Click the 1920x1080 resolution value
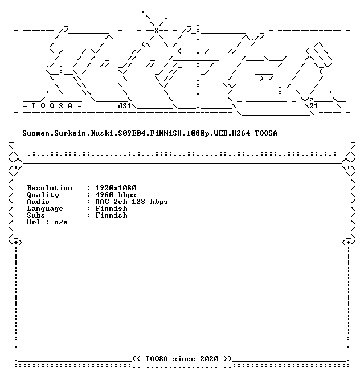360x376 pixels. [116, 188]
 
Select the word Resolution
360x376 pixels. [50, 188]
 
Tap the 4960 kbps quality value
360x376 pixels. [116, 195]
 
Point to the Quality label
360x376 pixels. [43, 195]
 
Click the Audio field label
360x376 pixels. [38, 202]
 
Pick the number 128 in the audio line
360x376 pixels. [138, 202]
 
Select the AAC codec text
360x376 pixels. [102, 202]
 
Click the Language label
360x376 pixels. [45, 209]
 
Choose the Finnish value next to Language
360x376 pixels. [111, 209]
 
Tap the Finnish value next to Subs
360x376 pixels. [111, 215]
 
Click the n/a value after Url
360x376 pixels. [61, 223]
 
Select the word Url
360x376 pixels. [34, 222]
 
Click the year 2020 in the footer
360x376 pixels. [209, 359]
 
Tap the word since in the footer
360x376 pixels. [184, 359]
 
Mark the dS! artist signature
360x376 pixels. [125, 106]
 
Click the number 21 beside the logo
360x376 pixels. [314, 106]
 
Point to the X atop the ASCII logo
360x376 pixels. [157, 30]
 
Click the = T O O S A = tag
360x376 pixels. [52, 106]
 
